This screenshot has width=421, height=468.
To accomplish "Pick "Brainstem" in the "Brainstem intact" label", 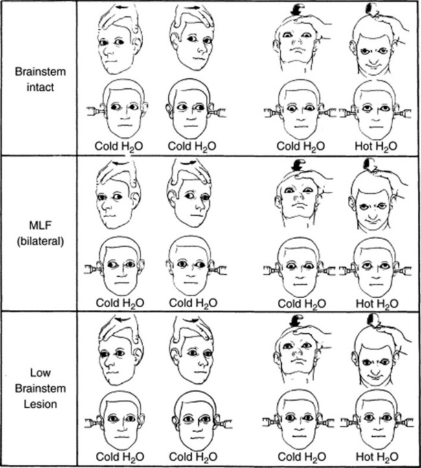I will tap(38, 73).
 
